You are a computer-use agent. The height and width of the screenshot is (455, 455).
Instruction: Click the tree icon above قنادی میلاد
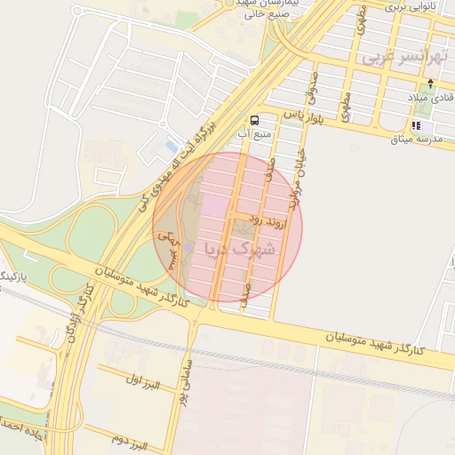click(430, 82)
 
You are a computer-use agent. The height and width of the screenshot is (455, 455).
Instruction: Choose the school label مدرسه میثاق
click(420, 138)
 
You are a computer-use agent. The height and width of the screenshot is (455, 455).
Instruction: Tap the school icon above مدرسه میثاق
click(416, 125)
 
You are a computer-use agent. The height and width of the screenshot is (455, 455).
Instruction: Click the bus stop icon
click(255, 120)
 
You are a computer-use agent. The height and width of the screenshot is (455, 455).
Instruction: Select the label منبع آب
click(254, 134)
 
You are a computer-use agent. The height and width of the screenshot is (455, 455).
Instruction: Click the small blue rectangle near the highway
click(172, 146)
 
